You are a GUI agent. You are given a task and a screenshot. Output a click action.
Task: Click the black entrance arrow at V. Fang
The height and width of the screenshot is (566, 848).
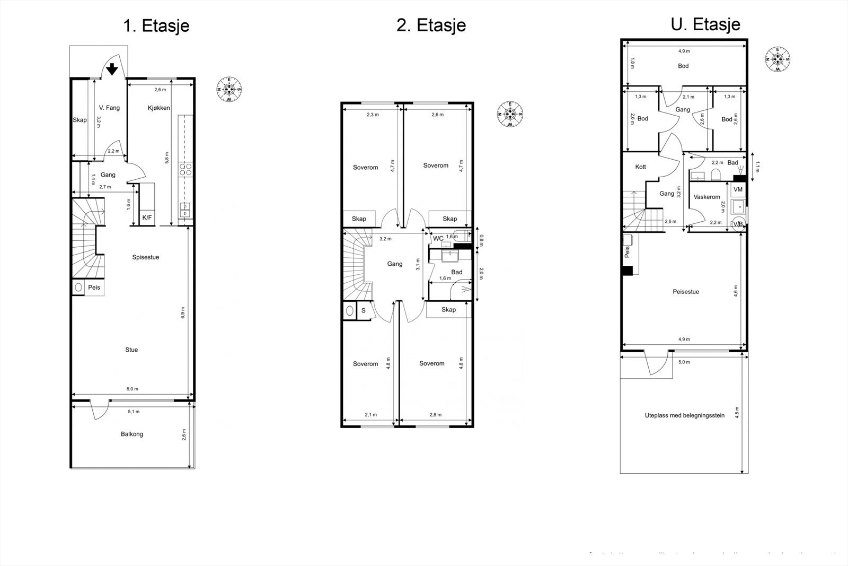pos(112,69)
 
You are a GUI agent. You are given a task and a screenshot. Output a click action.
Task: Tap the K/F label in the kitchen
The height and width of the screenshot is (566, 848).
pos(147,217)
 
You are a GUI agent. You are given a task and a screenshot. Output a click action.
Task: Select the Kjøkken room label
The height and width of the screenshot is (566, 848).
pos(158,108)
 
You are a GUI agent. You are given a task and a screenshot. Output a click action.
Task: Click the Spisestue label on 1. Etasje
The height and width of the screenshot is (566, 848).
pos(146,257)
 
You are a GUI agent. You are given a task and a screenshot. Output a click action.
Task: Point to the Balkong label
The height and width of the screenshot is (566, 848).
pos(132,434)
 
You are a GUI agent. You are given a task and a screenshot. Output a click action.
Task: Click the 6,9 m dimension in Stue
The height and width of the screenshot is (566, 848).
pos(183,312)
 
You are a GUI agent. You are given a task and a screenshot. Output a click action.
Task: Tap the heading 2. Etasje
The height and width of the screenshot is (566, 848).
pos(431,25)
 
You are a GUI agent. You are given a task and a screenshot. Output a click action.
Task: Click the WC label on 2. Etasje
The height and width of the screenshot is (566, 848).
pos(438,238)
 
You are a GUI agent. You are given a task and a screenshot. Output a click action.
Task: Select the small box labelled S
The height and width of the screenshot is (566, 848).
pos(364,311)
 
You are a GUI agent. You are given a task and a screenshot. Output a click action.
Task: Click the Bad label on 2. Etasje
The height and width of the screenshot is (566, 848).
pos(456,272)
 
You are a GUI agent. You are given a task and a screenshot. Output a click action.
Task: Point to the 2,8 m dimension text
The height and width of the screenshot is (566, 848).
pos(436,415)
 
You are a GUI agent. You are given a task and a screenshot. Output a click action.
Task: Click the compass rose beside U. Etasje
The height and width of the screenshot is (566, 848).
pos(778,59)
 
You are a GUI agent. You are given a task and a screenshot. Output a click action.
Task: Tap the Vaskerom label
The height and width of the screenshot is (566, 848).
pos(707,197)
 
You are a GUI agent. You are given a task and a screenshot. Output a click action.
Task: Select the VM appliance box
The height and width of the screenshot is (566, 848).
pos(738,189)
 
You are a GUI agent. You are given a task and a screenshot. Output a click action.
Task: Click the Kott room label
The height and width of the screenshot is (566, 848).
pos(640,167)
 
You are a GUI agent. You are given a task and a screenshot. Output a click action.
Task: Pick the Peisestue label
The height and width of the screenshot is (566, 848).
pos(686,292)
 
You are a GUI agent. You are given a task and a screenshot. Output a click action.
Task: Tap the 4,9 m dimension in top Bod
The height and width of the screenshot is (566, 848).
pos(684,51)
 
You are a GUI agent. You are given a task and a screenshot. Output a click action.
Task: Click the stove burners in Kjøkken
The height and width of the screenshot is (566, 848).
pos(185,169)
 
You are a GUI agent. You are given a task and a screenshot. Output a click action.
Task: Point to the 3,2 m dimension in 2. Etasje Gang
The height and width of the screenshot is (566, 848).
pos(385,239)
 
